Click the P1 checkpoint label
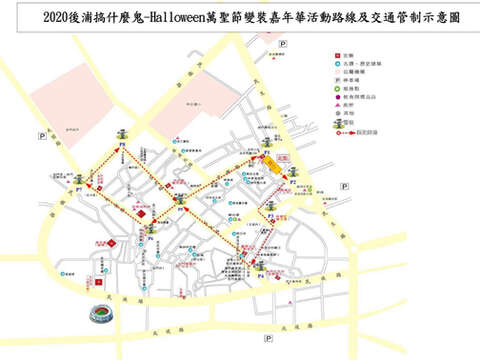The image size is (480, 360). tap(267, 151)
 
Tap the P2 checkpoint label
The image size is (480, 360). tap(293, 183)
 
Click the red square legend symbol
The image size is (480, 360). tap(337, 56)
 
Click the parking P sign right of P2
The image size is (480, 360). tap(344, 186)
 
